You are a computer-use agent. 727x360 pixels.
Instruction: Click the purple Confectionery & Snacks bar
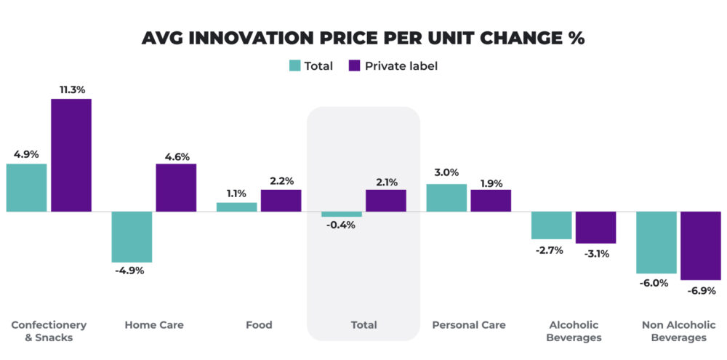[x=71, y=155]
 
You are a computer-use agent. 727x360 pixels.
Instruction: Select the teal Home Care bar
[x=132, y=237]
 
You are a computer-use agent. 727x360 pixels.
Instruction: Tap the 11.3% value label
[x=71, y=89]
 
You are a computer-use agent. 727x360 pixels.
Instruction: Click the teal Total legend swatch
[x=294, y=65]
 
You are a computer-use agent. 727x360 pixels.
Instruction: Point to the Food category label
[x=259, y=325]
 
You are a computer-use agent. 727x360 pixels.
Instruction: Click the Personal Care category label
[x=469, y=325]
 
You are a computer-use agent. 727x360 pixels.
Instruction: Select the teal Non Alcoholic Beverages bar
[x=656, y=242]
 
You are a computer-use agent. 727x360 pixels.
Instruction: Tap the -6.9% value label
[x=701, y=290]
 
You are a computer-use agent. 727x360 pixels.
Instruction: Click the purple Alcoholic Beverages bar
[x=595, y=228]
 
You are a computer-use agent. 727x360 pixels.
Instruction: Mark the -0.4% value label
[x=341, y=225]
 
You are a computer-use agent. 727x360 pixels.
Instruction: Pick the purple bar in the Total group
[x=385, y=201]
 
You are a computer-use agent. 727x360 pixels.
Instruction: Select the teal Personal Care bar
[x=446, y=198]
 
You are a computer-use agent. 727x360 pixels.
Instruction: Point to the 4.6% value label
[x=176, y=156]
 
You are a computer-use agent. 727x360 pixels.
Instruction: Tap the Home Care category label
[x=154, y=325]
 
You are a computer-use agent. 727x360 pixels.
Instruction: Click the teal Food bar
[x=237, y=207]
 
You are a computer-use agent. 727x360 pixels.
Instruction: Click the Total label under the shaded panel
[x=363, y=325]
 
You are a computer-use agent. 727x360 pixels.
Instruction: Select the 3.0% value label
[x=446, y=173]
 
